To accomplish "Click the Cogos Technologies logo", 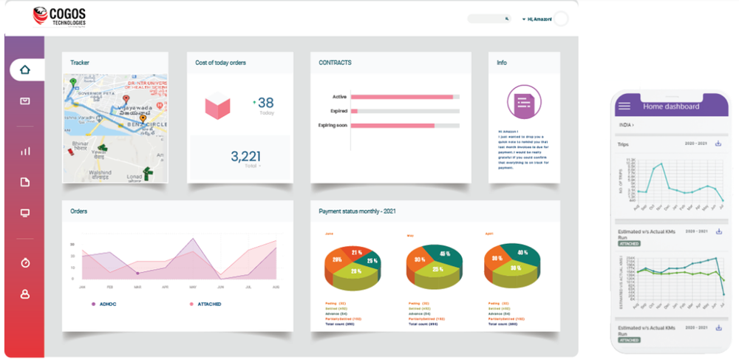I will tap(60, 16).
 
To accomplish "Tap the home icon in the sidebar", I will tap(25, 70).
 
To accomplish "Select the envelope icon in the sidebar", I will tap(25, 101).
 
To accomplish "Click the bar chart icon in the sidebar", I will tap(25, 151).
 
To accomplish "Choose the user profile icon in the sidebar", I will tap(25, 293).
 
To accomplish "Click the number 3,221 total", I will tap(245, 156).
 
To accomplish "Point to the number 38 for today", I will tap(265, 103).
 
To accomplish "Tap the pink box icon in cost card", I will tap(217, 108).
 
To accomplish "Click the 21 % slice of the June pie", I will tap(357, 253).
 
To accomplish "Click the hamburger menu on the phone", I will tap(625, 106).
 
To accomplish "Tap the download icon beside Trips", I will tap(718, 143).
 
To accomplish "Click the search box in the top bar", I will tap(488, 18).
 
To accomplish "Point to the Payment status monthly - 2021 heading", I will tap(357, 211).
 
